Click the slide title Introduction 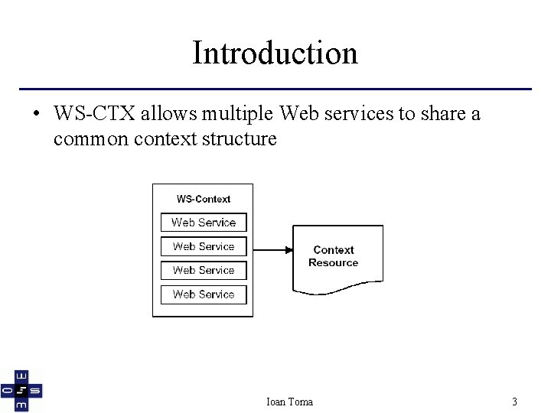click(x=275, y=53)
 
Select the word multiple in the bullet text click(x=243, y=115)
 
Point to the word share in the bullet click(x=442, y=115)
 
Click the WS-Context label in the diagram click(x=204, y=199)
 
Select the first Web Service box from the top click(x=204, y=223)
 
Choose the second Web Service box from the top click(x=204, y=246)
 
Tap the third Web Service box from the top click(x=204, y=270)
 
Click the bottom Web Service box click(x=204, y=294)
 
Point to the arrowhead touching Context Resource click(x=289, y=249)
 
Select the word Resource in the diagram click(x=333, y=263)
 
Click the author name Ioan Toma click(x=289, y=402)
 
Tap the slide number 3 click(x=515, y=402)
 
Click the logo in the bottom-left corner click(x=21, y=390)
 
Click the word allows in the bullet click(x=162, y=115)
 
